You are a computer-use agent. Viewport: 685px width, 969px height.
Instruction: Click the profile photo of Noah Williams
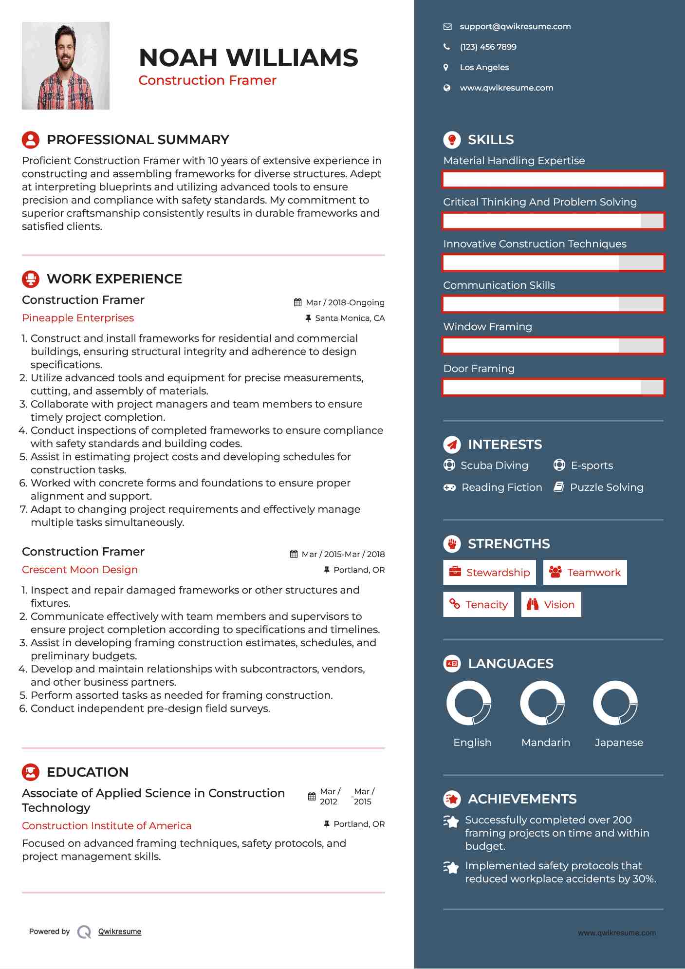[66, 66]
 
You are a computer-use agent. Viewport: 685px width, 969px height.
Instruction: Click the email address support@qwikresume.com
[515, 27]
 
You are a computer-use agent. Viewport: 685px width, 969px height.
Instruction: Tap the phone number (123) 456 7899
[488, 47]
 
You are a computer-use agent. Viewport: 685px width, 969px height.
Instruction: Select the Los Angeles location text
[484, 68]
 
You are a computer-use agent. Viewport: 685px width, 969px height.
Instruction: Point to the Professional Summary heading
[138, 140]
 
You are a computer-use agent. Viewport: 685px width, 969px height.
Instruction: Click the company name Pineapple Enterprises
[78, 318]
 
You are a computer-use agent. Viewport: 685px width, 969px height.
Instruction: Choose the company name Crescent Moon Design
[80, 570]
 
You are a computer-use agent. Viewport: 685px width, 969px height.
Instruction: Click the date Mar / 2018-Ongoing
[345, 302]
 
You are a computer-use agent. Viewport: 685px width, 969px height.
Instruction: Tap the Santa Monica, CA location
[350, 318]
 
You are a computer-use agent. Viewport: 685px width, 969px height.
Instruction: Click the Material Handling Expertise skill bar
[553, 179]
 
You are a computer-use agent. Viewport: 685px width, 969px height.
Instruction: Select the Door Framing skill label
[479, 369]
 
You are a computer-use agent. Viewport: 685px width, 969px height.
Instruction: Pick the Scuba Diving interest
[494, 466]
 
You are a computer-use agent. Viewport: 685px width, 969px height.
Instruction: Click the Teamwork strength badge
[585, 573]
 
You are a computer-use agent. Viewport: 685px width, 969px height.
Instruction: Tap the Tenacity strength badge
[478, 605]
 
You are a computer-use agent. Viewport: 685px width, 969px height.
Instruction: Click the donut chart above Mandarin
[542, 703]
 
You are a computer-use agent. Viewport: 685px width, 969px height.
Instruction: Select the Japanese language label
[619, 743]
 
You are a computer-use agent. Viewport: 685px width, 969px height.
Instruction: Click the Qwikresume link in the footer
[120, 932]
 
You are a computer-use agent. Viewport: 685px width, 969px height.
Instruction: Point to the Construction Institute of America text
[107, 826]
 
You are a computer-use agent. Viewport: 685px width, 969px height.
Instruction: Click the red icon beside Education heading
[31, 772]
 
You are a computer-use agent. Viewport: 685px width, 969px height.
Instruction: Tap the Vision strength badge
[551, 605]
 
